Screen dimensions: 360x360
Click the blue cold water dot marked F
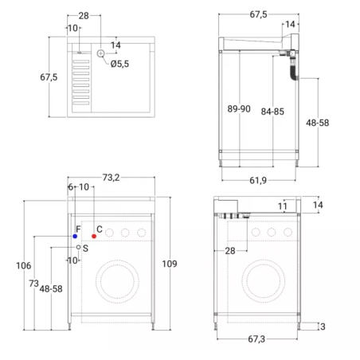pyautogui.click(x=75, y=236)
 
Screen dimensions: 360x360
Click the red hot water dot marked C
pyautogui.click(x=94, y=236)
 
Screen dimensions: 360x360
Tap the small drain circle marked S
pyautogui.click(x=78, y=247)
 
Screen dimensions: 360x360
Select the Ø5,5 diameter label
pyautogui.click(x=119, y=64)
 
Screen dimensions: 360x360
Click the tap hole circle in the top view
pyautogui.click(x=100, y=53)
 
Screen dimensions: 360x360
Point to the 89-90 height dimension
pyautogui.click(x=239, y=109)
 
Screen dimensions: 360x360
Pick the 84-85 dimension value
pyautogui.click(x=272, y=112)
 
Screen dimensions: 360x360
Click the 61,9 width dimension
pyautogui.click(x=258, y=181)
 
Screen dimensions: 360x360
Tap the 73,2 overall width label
pyautogui.click(x=111, y=178)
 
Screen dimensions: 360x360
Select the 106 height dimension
pyautogui.click(x=24, y=265)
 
